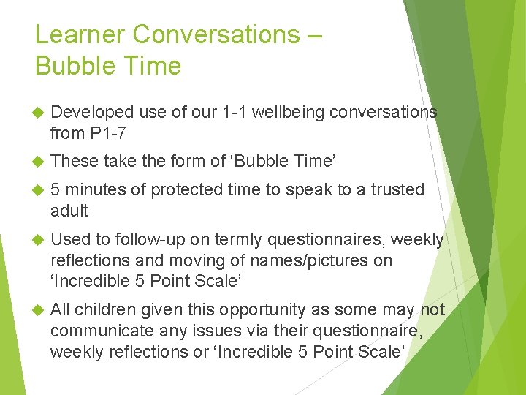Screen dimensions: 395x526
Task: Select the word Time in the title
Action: pyautogui.click(x=149, y=66)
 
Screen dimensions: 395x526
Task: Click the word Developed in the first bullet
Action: pyautogui.click(x=93, y=112)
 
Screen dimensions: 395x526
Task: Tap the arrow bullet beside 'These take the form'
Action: pyautogui.click(x=39, y=160)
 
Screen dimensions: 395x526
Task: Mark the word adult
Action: pyautogui.click(x=69, y=211)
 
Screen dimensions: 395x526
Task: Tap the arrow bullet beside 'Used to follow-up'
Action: pyautogui.click(x=39, y=240)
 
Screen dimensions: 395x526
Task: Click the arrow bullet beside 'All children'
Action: pyautogui.click(x=39, y=310)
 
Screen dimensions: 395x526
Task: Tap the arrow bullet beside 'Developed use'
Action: pyautogui.click(x=39, y=112)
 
